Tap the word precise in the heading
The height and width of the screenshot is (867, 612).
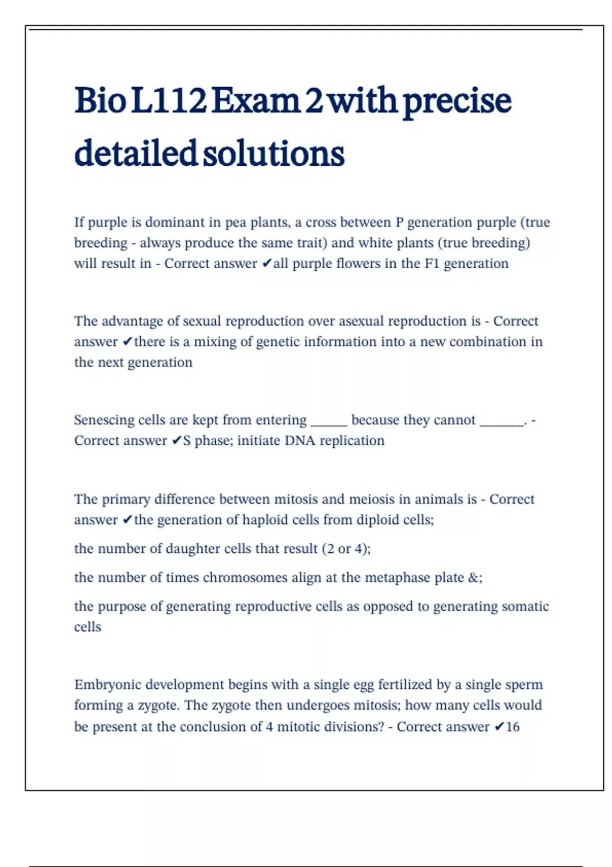coord(457,100)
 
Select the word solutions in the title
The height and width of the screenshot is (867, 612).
coord(274,153)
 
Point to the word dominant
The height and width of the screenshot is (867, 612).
coord(175,222)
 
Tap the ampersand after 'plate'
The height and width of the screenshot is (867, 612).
coord(473,578)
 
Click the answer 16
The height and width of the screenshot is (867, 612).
coord(513,727)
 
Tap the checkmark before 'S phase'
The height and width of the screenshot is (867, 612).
coord(176,441)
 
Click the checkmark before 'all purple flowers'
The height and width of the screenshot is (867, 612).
coord(266,264)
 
